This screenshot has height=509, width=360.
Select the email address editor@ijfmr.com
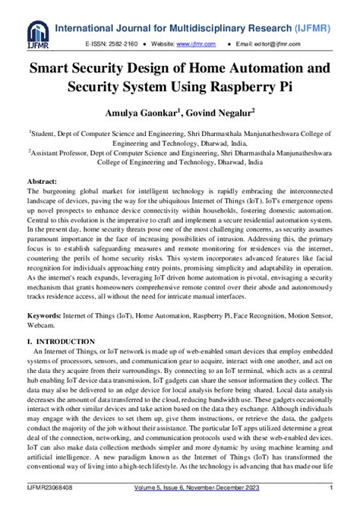click(301, 45)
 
